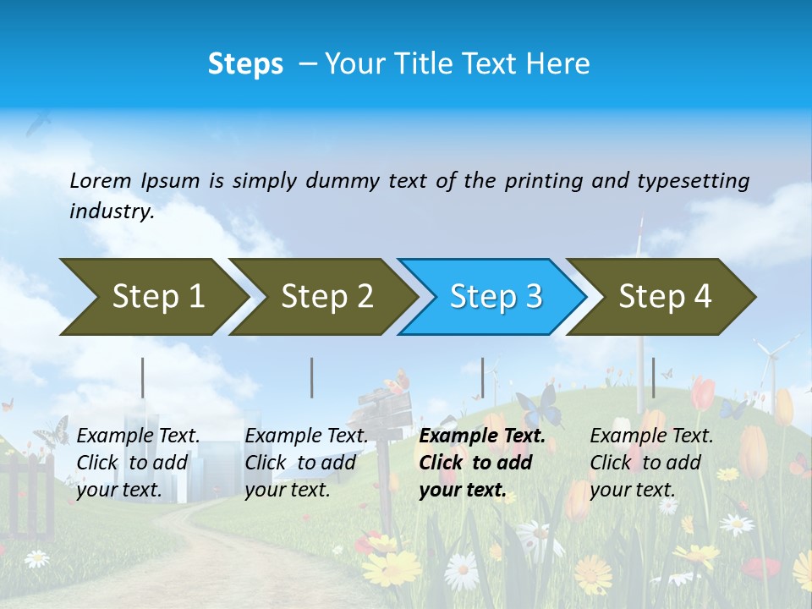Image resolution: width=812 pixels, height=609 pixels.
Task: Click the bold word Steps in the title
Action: (245, 64)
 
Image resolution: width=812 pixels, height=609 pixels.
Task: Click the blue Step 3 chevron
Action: (495, 297)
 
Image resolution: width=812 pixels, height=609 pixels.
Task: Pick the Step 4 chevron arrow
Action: (664, 297)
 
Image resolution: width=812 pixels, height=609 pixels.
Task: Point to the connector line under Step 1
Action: (143, 377)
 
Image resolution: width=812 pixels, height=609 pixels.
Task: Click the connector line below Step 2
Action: (312, 377)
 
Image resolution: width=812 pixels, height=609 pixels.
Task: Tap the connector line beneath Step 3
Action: (482, 377)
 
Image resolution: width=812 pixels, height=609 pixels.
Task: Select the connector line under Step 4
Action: (653, 377)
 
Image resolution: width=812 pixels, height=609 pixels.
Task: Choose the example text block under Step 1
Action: (138, 463)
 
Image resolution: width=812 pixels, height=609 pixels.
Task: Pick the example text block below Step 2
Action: (306, 463)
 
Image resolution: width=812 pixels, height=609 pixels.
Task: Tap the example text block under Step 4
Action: (651, 463)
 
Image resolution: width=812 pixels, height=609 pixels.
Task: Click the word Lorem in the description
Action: (101, 180)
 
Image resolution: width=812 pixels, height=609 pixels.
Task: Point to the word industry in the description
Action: (112, 211)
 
